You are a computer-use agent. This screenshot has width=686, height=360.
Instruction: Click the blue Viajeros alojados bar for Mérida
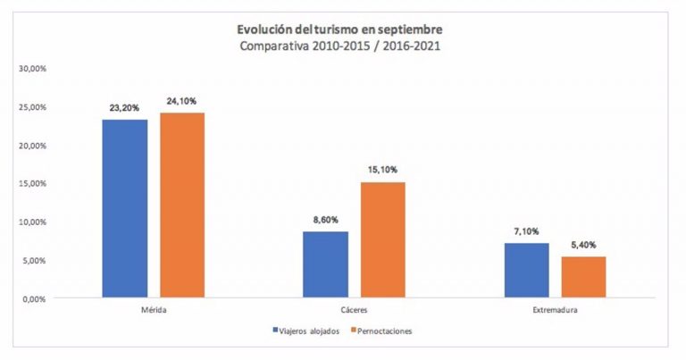125,208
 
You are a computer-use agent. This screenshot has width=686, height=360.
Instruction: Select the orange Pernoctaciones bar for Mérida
182,205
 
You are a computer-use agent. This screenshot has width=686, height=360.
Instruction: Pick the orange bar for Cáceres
383,239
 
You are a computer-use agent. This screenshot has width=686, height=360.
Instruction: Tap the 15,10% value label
384,169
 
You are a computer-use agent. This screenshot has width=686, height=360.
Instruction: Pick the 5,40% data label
584,243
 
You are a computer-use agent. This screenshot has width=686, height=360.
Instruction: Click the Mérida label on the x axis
154,311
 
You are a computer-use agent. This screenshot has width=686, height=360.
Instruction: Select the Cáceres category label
355,311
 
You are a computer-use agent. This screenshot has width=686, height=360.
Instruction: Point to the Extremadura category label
555,311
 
